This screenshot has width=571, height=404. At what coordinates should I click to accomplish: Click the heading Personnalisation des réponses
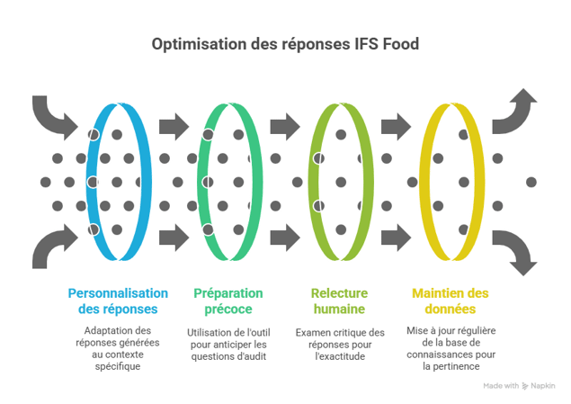[117, 301]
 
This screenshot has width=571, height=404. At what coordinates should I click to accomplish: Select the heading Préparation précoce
[229, 301]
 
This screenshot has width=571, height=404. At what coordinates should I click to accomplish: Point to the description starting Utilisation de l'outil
[229, 342]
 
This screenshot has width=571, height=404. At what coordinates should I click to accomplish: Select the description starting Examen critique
[340, 342]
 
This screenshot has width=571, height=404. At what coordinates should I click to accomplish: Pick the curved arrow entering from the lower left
[54, 247]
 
